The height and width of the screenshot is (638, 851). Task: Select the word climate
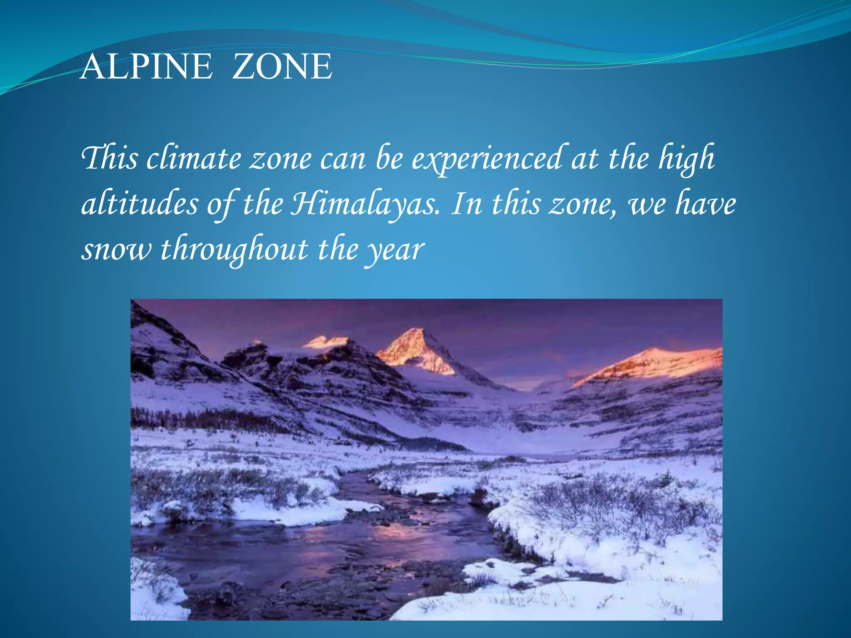[194, 159]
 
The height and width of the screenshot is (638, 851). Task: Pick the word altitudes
[140, 204]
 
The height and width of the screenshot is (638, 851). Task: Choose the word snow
[117, 250]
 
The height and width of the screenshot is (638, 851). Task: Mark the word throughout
[234, 250]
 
